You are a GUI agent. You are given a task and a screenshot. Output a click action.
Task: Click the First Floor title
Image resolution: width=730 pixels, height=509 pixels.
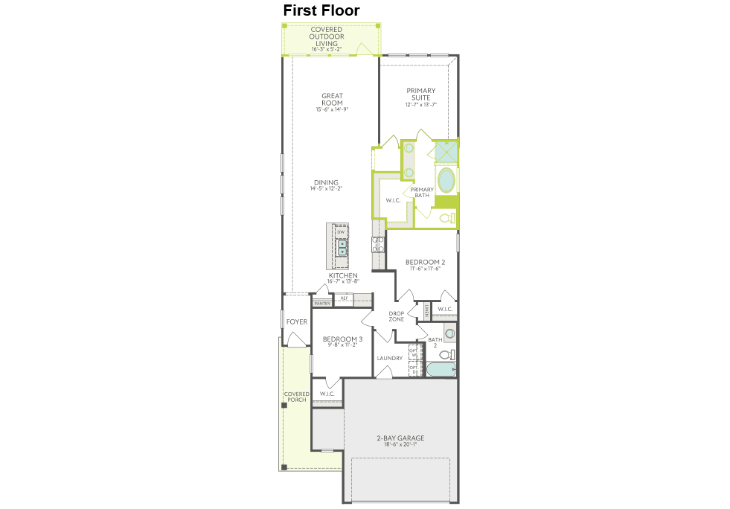321,10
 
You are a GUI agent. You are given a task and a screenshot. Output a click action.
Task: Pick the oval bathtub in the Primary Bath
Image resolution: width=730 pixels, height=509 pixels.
446,181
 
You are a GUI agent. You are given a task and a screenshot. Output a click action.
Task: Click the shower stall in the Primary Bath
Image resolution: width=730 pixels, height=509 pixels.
446,152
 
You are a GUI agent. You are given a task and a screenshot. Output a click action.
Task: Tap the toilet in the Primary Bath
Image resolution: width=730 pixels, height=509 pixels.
446,218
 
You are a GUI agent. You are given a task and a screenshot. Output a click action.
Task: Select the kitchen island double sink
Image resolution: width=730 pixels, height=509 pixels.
342,247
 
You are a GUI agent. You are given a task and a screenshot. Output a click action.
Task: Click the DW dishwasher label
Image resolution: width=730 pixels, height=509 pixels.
341,232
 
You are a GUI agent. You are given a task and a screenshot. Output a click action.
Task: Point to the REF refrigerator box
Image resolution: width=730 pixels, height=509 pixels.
344,298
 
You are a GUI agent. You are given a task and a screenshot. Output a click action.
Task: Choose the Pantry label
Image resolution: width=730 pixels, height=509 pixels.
322,304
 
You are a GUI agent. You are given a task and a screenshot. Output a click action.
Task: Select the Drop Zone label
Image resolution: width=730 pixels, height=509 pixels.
396,316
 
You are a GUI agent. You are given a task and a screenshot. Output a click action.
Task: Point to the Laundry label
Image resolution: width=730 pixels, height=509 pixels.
389,358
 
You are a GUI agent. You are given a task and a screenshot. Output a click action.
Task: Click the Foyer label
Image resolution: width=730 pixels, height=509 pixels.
297,321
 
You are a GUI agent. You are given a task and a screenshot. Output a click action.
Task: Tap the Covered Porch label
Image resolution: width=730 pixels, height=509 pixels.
297,397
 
